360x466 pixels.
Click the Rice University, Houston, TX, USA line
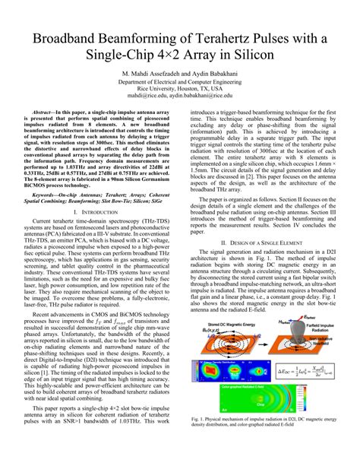coord(180,89)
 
